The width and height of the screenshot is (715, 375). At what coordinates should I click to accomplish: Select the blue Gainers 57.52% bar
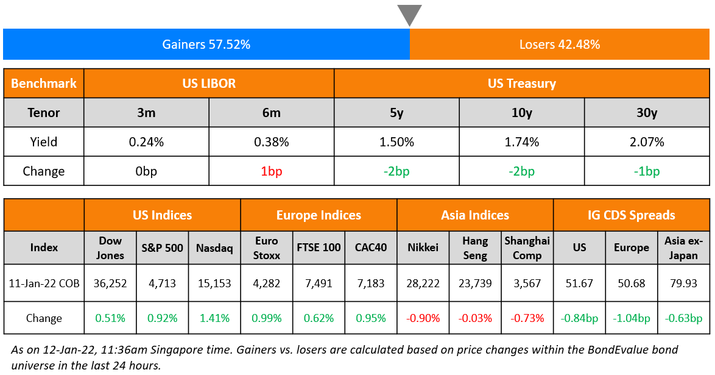[206, 45]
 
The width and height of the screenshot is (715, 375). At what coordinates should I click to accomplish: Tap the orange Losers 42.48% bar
[560, 45]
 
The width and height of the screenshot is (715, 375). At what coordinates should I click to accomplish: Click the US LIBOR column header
[209, 84]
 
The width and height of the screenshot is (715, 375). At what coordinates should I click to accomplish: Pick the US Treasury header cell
[521, 84]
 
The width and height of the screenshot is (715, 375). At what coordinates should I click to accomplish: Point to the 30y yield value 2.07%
[646, 142]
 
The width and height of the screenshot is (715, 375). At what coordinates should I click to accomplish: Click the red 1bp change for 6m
[271, 171]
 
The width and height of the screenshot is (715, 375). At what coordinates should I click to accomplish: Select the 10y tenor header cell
[521, 113]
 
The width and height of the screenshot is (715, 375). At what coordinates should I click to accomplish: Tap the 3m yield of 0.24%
[146, 142]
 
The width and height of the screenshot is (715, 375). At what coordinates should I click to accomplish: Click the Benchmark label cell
[44, 84]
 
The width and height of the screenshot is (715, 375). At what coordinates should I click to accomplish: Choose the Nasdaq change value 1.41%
[214, 318]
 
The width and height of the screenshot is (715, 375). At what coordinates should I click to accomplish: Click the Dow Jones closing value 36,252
[110, 284]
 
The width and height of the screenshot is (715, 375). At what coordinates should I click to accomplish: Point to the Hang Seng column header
[474, 248]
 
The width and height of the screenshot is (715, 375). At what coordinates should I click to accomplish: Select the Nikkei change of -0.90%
[423, 318]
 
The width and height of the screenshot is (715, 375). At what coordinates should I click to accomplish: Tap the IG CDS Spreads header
[631, 215]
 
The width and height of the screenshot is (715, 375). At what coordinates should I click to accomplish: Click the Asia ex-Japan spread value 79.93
[683, 284]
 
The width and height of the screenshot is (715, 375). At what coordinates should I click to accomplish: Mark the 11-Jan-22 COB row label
[44, 284]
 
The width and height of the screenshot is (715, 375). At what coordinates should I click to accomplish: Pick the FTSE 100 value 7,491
[319, 284]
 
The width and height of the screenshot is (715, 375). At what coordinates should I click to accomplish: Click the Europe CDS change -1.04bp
[631, 318]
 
